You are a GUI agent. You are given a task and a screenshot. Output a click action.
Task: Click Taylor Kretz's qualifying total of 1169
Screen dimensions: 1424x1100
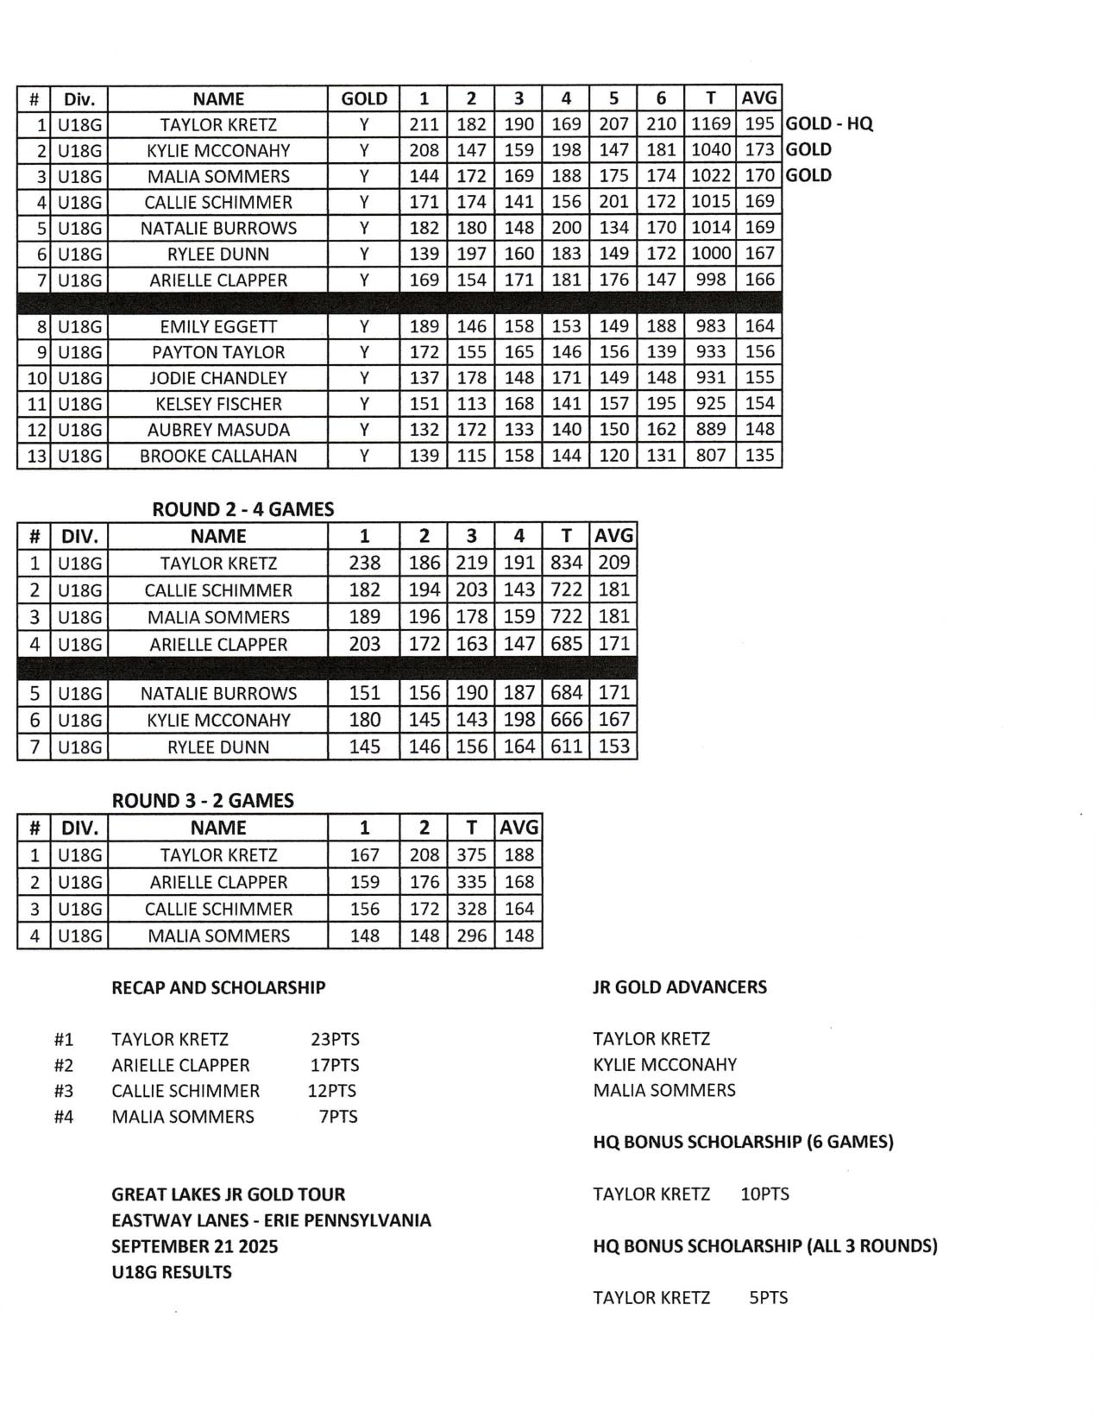point(711,124)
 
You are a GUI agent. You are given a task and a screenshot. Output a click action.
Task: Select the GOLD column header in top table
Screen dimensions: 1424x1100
point(364,98)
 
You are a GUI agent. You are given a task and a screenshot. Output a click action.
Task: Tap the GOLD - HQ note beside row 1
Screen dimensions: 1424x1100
point(829,123)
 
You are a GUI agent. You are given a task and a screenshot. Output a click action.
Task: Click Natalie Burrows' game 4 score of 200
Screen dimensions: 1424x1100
point(566,228)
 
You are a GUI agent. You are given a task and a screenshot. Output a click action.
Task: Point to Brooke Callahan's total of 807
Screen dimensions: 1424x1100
point(711,455)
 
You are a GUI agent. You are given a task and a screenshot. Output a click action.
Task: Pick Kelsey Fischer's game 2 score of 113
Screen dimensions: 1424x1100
point(471,403)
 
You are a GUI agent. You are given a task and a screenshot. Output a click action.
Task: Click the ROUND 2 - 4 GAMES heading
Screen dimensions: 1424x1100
point(242,509)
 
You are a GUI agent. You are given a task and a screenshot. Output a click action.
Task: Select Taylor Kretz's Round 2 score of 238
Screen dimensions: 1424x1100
point(364,563)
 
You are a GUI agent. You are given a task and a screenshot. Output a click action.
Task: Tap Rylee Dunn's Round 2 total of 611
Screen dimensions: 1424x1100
point(566,747)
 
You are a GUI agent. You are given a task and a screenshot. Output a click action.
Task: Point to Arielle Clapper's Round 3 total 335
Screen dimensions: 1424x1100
point(471,881)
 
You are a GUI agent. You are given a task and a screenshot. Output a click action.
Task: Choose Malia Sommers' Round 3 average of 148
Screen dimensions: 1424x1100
point(519,936)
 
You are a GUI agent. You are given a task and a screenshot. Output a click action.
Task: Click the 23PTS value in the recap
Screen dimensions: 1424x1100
point(335,1039)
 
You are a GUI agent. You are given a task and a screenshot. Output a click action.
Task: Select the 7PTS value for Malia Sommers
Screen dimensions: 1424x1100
point(338,1117)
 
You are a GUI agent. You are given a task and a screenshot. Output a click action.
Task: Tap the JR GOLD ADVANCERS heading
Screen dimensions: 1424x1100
point(679,986)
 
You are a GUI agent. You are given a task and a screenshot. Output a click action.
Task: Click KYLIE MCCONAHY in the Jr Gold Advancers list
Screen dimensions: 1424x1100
point(664,1065)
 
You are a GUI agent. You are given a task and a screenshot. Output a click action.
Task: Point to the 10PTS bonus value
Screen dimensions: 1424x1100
point(764,1194)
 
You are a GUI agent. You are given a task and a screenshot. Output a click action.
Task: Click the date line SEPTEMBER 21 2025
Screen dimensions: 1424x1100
point(194,1246)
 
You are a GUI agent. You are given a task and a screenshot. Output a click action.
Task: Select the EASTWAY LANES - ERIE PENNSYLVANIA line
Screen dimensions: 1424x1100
point(271,1220)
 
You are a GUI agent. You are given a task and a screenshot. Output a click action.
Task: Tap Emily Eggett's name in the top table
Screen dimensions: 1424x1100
point(218,326)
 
